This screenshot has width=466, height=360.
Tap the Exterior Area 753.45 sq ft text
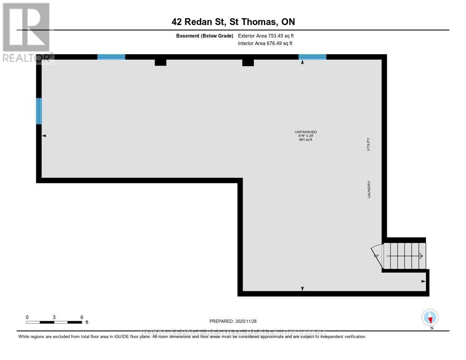click(x=269, y=35)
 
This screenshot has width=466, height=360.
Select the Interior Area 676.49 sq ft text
click(x=265, y=44)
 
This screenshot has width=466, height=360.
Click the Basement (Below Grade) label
click(x=204, y=35)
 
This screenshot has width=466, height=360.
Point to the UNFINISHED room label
click(x=305, y=132)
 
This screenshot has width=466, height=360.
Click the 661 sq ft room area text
click(x=305, y=140)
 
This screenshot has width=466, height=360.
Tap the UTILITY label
click(x=369, y=144)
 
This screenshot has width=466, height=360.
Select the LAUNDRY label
click(x=369, y=189)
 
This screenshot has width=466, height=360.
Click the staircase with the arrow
click(x=405, y=256)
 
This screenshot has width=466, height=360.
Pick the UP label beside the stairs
click(x=376, y=256)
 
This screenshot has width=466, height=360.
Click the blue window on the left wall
click(x=39, y=111)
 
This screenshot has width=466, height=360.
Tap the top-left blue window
click(x=111, y=57)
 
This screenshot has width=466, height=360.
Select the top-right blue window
click(x=312, y=57)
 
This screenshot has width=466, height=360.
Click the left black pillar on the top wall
click(x=160, y=62)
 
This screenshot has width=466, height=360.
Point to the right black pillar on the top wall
click(x=248, y=62)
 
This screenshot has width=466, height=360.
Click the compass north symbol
click(x=430, y=318)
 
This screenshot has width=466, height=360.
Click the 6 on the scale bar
click(x=81, y=317)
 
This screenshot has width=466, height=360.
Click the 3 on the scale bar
click(x=54, y=317)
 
